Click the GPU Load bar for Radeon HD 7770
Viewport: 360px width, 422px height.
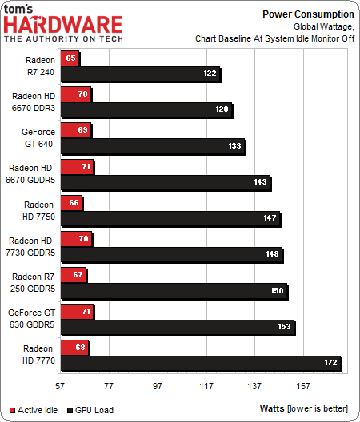[x=200, y=364]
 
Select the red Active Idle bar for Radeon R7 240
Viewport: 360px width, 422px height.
[x=70, y=58]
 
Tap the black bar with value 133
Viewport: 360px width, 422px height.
[x=152, y=146]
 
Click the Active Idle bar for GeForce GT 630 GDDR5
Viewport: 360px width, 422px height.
[x=77, y=311]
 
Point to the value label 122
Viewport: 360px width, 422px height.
[x=209, y=74]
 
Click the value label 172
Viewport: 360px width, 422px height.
[x=330, y=364]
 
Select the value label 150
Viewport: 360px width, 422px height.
[x=276, y=292]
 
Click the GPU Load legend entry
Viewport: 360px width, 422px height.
[x=90, y=410]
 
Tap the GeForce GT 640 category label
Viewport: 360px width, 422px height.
[x=33, y=138]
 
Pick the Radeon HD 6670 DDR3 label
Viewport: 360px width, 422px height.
[x=33, y=102]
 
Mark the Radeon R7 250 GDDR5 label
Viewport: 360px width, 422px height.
[x=33, y=283]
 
